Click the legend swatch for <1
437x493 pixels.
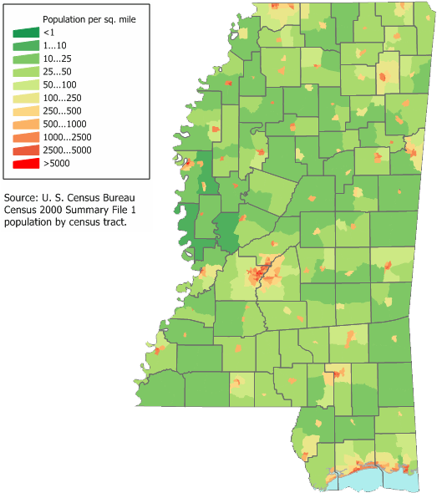[25, 33]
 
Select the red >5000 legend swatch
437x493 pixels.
[25, 163]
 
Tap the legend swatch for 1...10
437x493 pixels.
[25, 46]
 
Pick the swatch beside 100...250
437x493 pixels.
[25, 98]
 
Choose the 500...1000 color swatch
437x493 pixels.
[25, 124]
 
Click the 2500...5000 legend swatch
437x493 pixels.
[25, 150]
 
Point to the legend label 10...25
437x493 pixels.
[58, 58]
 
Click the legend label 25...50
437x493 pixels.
[58, 72]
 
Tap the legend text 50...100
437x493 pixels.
[60, 85]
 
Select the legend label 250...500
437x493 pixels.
[63, 111]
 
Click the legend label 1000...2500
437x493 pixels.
[66, 137]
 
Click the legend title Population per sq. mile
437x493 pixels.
[84, 18]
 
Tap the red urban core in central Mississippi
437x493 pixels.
[261, 272]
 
